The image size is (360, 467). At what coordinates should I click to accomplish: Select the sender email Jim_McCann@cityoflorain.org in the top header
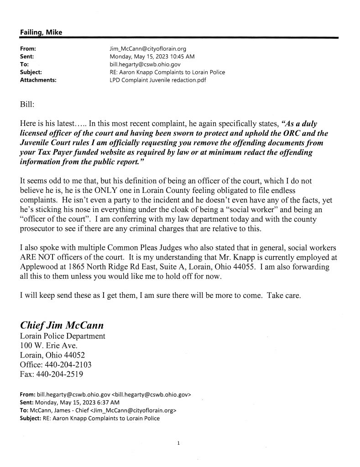[x=145, y=49]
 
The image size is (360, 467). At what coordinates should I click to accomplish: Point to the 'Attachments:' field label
[x=38, y=80]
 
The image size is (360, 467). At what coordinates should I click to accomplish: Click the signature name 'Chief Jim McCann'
[x=62, y=326]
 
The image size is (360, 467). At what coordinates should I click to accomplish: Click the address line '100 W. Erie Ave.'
[x=47, y=346]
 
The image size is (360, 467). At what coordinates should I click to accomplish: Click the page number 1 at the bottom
[x=180, y=442]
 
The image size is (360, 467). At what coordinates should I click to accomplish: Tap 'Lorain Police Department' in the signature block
[x=63, y=336]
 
